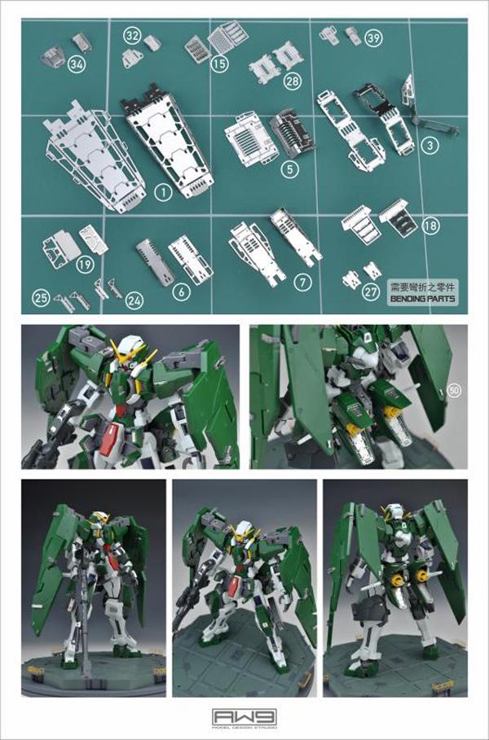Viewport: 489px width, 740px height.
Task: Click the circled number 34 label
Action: [77, 63]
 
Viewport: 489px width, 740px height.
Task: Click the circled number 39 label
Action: [373, 38]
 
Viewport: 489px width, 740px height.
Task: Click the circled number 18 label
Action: [430, 226]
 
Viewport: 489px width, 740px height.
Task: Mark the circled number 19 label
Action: [84, 264]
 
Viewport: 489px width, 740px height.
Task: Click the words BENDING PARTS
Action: [422, 299]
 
